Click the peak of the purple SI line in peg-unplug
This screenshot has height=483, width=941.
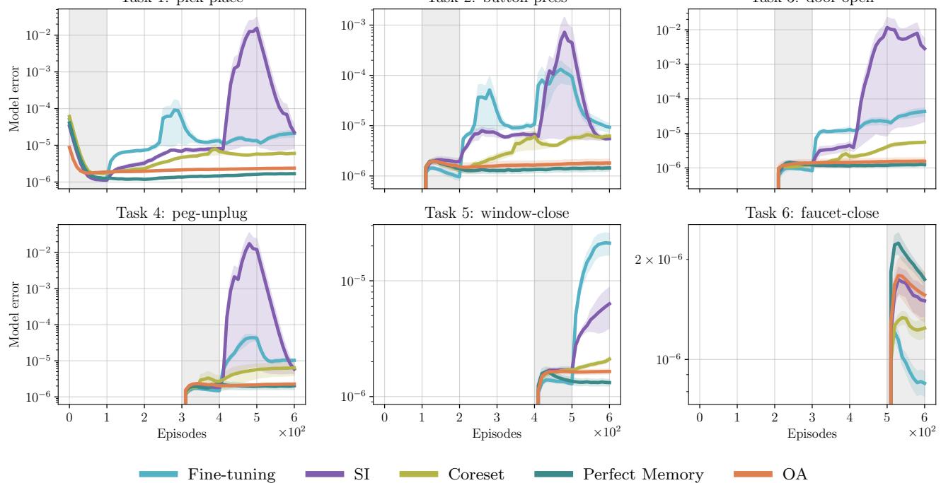(x=250, y=244)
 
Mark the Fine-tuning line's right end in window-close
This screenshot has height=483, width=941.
(x=609, y=243)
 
